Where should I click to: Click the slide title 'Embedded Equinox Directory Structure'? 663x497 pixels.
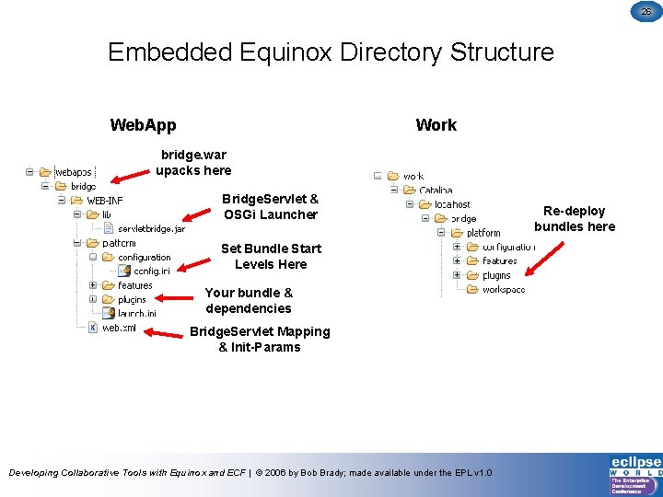[x=331, y=52]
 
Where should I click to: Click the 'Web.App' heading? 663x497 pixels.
[x=143, y=125]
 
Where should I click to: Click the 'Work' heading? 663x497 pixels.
[x=436, y=125]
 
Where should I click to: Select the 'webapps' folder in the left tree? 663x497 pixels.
[x=74, y=172]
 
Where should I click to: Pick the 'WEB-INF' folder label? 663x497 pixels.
[x=104, y=201]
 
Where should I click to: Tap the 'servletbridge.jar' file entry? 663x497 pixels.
[x=151, y=228]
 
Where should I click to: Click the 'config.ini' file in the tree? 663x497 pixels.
[x=152, y=271]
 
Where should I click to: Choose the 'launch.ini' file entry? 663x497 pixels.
[x=136, y=314]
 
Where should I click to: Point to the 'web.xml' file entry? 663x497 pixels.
[x=120, y=328]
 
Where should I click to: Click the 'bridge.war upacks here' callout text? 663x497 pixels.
[x=193, y=163]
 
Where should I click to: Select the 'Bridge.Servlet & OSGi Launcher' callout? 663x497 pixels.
[x=270, y=207]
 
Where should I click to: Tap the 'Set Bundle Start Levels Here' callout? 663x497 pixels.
[x=271, y=257]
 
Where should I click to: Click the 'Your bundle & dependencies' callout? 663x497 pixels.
[x=249, y=301]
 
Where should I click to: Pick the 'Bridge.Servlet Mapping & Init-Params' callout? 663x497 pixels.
[x=259, y=339]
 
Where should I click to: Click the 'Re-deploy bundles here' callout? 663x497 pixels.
[x=575, y=219]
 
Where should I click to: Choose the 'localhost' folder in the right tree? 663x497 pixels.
[x=451, y=204]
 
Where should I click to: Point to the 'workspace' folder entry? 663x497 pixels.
[x=503, y=289]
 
